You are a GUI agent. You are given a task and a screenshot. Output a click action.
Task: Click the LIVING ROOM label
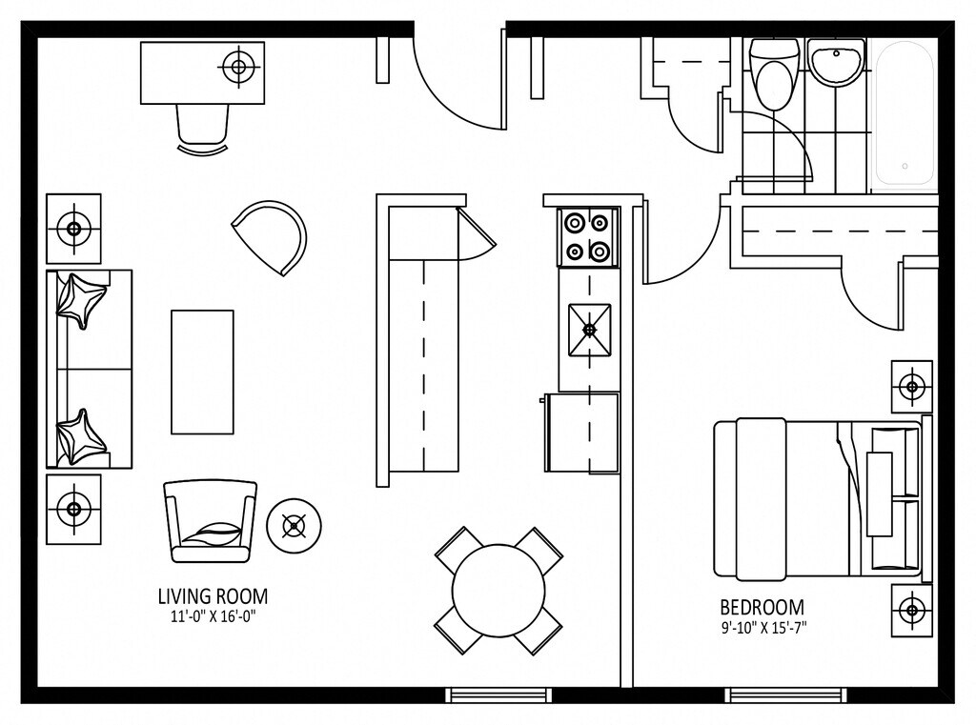click(x=213, y=596)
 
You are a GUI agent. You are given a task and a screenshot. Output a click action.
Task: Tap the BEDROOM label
click(x=762, y=607)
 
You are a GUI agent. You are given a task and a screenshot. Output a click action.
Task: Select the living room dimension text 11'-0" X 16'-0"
click(x=213, y=615)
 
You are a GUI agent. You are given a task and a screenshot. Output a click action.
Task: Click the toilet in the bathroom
click(x=770, y=74)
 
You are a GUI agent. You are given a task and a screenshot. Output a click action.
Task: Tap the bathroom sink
click(x=836, y=63)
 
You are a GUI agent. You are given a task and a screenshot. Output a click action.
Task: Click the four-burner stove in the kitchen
click(x=587, y=237)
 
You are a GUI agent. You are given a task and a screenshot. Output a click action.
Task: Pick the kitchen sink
click(x=589, y=330)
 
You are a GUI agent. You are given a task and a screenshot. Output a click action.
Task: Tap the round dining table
click(x=498, y=591)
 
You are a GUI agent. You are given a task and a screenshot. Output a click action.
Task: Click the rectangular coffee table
click(x=202, y=372)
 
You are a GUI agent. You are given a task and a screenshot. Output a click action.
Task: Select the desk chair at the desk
click(x=203, y=128)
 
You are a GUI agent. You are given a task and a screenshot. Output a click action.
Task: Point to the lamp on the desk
click(x=238, y=67)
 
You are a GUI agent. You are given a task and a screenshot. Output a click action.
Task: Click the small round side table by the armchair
click(x=294, y=525)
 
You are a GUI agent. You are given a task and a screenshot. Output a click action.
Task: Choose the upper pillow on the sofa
click(x=79, y=298)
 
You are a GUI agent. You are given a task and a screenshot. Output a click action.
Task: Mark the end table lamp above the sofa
click(x=73, y=229)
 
